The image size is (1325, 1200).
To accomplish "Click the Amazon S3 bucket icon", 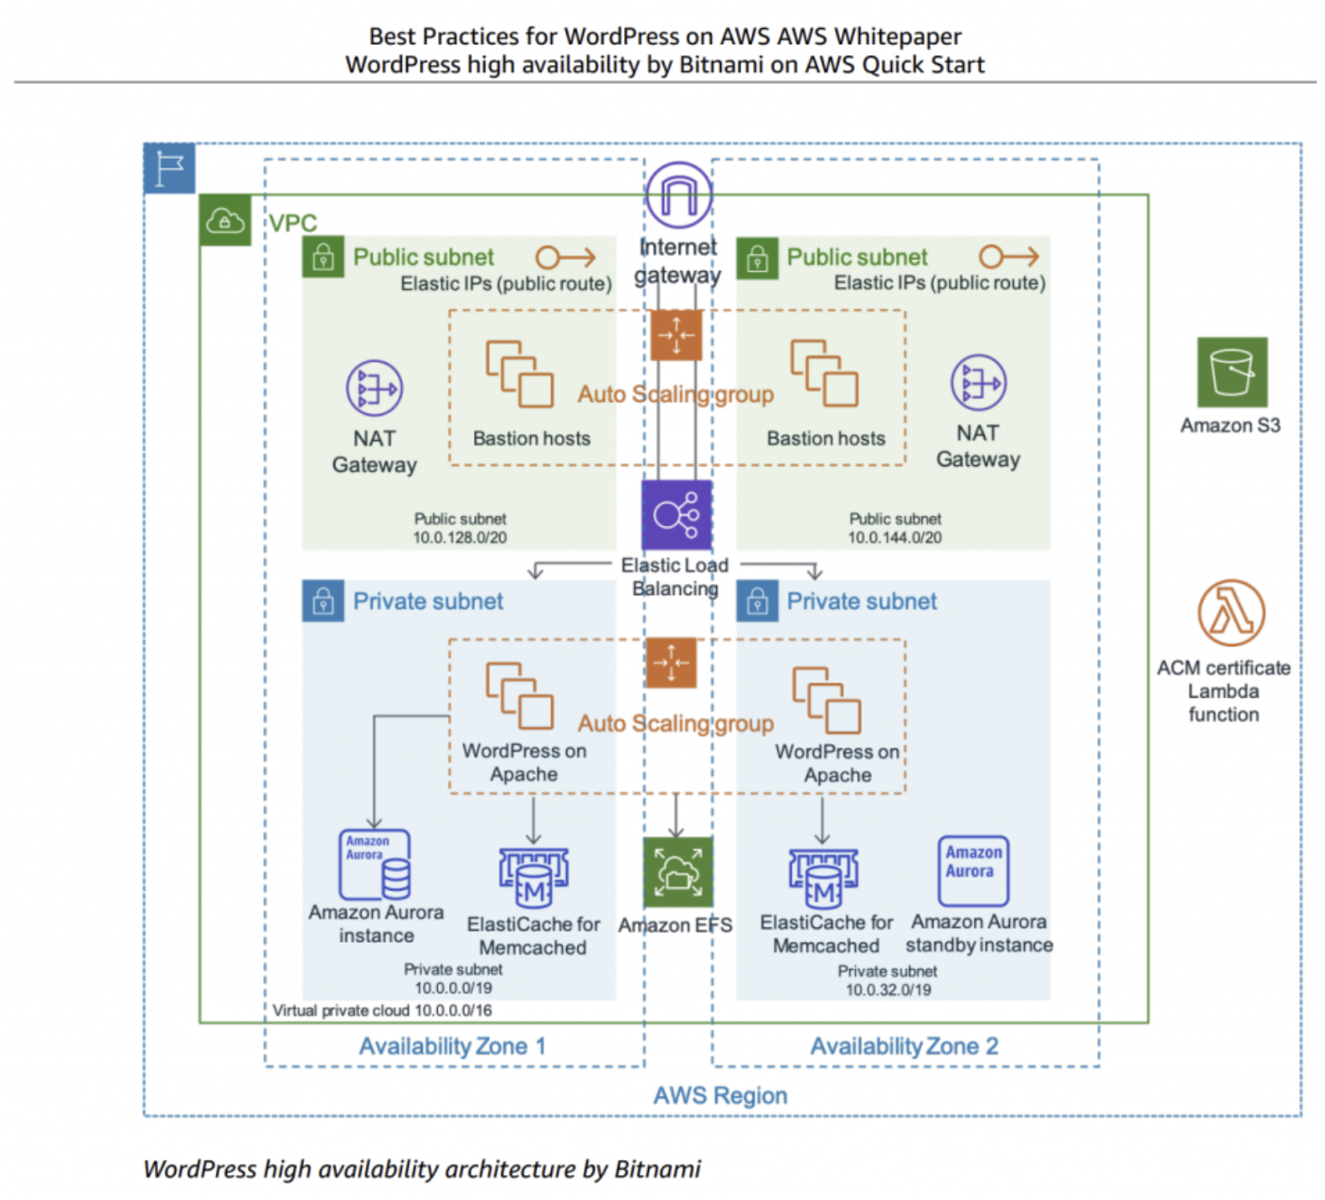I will [x=1231, y=372].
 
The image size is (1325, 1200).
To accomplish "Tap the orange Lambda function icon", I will [x=1231, y=613].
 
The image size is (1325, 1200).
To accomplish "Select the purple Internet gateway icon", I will [x=679, y=195].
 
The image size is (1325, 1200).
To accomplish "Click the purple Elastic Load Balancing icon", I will [x=676, y=515].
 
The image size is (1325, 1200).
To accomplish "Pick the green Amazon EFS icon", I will [x=678, y=872].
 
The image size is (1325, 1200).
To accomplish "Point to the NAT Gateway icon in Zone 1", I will [x=374, y=388].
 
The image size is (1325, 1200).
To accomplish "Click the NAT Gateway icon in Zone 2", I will [x=978, y=383].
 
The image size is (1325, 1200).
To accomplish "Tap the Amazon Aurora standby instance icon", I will [x=973, y=870].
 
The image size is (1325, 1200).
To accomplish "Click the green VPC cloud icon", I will [x=225, y=220].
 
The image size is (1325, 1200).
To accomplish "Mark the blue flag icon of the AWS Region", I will [x=169, y=168].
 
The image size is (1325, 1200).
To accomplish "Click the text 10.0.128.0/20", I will [x=460, y=537].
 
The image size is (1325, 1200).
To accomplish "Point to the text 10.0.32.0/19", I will [x=888, y=989].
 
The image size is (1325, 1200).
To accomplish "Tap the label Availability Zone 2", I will [x=904, y=1046].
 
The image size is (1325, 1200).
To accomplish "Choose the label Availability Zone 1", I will [x=452, y=1046].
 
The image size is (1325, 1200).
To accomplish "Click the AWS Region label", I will [x=720, y=1096].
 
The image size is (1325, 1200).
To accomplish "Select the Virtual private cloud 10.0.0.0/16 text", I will [x=382, y=1011].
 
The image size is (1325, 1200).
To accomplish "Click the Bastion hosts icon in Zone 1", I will [x=519, y=375].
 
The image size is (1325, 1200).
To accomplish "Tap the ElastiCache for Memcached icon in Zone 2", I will [x=823, y=878].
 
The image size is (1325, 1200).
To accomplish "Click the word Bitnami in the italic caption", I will [x=658, y=1170].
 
